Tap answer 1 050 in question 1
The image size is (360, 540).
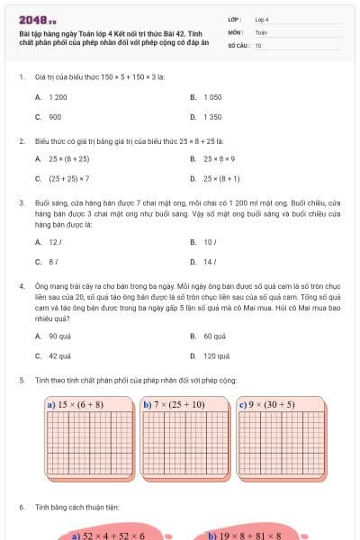(212, 96)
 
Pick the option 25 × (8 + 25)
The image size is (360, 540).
(68, 158)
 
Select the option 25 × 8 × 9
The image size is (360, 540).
(219, 158)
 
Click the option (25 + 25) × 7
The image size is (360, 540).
(68, 179)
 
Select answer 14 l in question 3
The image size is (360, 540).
(210, 263)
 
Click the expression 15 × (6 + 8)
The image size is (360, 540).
(80, 405)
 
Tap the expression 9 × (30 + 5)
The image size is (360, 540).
(272, 405)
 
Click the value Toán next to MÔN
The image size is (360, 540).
(261, 31)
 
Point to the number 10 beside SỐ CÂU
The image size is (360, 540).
(258, 44)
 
